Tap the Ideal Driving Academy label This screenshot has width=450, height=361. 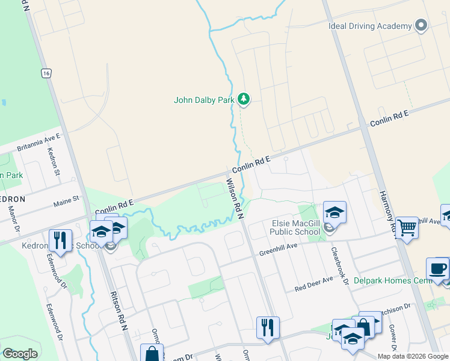370,26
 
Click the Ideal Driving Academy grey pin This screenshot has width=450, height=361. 421,26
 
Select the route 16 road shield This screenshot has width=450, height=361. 46,73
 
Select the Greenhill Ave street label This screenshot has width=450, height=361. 279,249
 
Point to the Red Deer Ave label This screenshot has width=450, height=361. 313,284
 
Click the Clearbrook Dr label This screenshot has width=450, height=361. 336,257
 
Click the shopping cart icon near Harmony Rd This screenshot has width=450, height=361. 407,228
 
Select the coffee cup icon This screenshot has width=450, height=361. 437,269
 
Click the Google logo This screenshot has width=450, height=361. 20,354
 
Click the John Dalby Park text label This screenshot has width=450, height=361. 203,100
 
